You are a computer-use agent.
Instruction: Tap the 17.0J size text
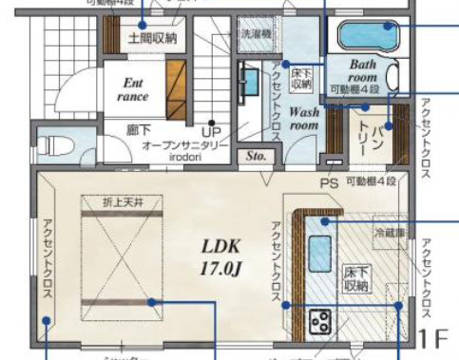pos(223,268)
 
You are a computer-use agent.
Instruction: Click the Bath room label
pos(362,70)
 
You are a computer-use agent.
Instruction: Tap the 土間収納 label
pos(152,39)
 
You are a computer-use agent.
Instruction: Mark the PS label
pos(330,181)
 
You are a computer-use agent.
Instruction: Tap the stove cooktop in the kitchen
pos(320,320)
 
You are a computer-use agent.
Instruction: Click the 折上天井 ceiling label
pos(123,201)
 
